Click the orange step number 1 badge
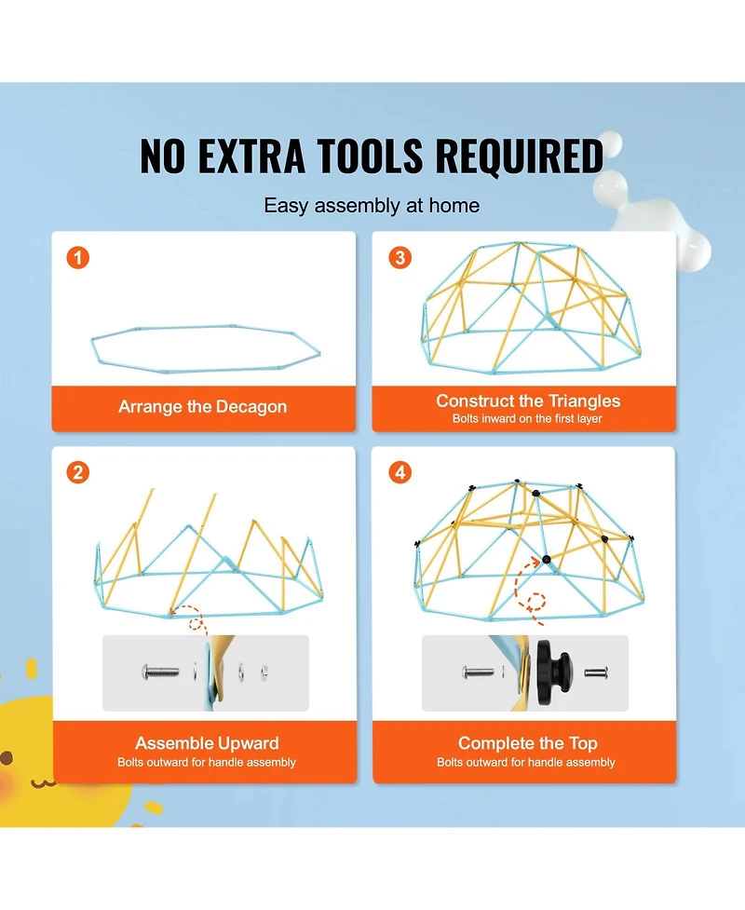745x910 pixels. pyautogui.click(x=77, y=258)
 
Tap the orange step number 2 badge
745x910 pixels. pyautogui.click(x=77, y=472)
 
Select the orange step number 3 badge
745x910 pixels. pyautogui.click(x=400, y=258)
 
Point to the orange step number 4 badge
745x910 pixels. pyautogui.click(x=400, y=472)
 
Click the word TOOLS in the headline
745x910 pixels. pyautogui.click(x=371, y=156)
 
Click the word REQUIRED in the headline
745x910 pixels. pyautogui.click(x=520, y=156)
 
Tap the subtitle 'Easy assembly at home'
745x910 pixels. pyautogui.click(x=372, y=206)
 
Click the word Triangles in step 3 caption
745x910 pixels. pyautogui.click(x=584, y=401)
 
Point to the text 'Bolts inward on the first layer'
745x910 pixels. pyautogui.click(x=527, y=418)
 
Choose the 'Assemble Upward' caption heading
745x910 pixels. pyautogui.click(x=207, y=743)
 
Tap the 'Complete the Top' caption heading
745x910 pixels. pyautogui.click(x=528, y=743)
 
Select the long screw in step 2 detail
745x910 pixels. pyautogui.click(x=161, y=672)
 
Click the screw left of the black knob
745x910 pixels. pyautogui.click(x=478, y=672)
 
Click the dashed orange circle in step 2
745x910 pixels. pyautogui.click(x=197, y=624)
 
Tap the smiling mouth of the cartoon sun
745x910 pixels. pyautogui.click(x=42, y=783)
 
